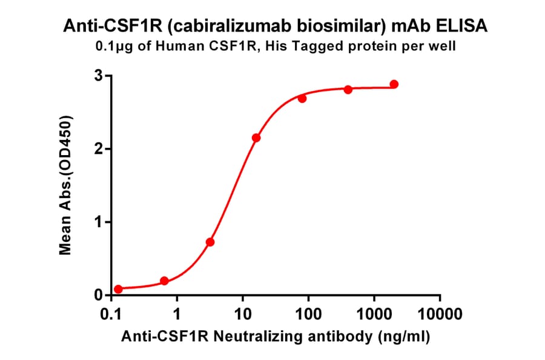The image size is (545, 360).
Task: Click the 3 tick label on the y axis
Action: point(97,76)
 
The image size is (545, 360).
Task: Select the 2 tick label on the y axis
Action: point(97,149)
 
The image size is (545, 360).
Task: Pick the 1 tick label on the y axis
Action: point(97,222)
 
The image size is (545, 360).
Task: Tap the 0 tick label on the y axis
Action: point(97,295)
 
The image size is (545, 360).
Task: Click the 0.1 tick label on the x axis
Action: point(111,315)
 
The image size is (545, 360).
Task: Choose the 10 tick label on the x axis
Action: point(242,315)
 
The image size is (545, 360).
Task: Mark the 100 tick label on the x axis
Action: point(308,315)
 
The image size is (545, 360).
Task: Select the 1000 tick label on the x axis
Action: point(374,315)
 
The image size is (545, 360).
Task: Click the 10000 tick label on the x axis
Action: point(440,315)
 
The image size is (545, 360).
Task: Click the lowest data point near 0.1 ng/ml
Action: point(118,289)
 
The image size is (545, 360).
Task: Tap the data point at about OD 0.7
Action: point(210,242)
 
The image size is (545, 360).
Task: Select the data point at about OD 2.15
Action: point(256,138)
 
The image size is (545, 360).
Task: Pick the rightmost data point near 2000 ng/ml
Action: point(394,84)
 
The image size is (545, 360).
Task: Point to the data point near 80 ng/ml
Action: point(302,98)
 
